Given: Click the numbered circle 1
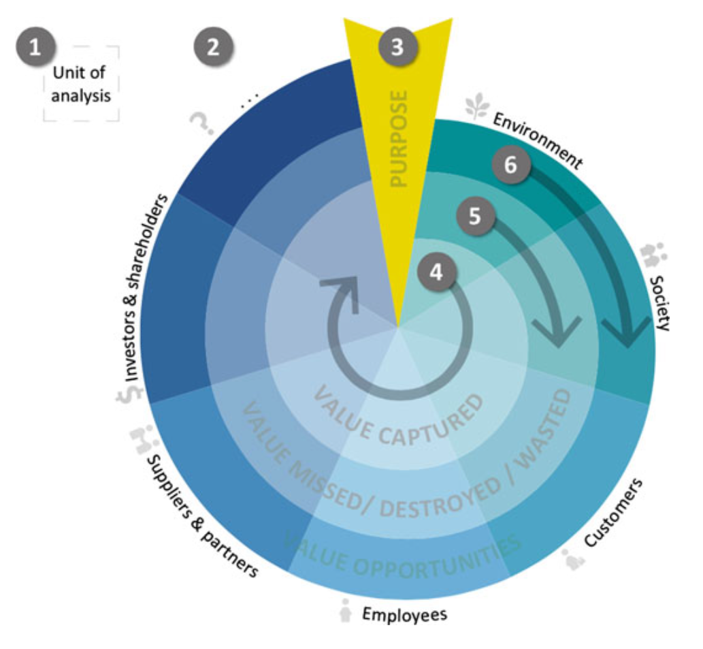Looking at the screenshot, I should [37, 48].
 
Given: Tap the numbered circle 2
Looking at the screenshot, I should [214, 48].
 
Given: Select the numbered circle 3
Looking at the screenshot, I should [397, 48].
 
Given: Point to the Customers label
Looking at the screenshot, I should [613, 513].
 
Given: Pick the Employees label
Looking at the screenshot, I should [404, 614].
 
